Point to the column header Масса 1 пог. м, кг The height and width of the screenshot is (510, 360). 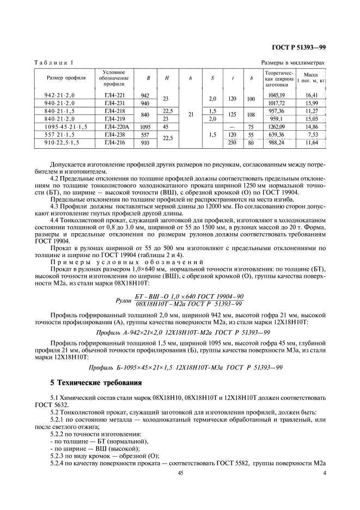tap(311, 77)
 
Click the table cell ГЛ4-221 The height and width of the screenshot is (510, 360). tap(114, 95)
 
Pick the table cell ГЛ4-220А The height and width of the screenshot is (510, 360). tap(114, 125)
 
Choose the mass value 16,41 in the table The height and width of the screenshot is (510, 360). tap(311, 95)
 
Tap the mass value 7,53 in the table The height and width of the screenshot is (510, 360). tap(312, 133)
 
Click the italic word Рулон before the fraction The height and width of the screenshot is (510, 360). tap(125, 300)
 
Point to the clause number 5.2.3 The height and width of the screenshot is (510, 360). tap(57, 455)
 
